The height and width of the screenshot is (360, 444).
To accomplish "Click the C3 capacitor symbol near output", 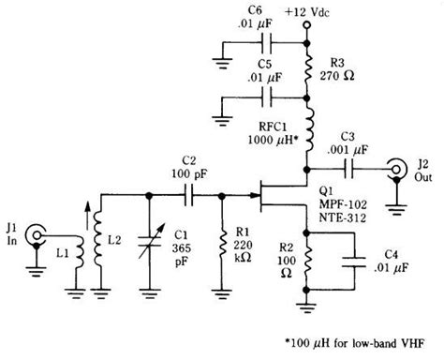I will point(353,169).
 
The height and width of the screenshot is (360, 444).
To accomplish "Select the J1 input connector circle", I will point(36,233).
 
